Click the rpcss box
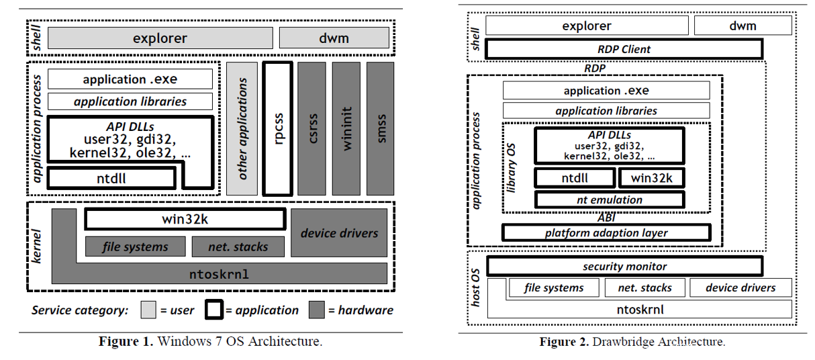click(278, 128)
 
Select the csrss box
click(312, 128)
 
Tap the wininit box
click(346, 128)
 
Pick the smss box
click(381, 128)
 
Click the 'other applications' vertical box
click(242, 128)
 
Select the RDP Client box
click(624, 49)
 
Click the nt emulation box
click(610, 199)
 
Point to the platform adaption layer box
click(606, 233)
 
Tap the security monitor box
click(624, 266)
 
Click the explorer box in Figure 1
click(159, 38)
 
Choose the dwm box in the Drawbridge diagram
click(742, 26)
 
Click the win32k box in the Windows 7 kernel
click(185, 219)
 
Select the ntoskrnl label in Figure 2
click(640, 310)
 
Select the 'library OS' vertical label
click(512, 168)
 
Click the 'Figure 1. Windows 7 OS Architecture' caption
click(210, 341)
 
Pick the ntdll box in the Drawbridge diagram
click(574, 178)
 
